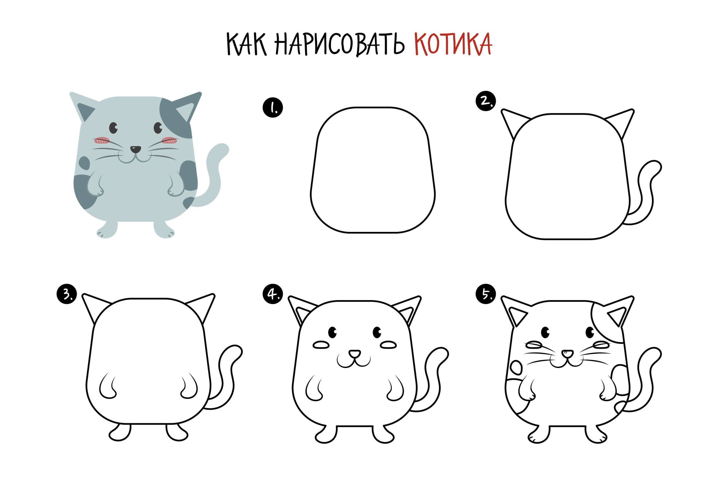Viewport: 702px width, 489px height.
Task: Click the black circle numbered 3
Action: (67, 294)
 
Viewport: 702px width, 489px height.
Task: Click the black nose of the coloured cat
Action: (135, 149)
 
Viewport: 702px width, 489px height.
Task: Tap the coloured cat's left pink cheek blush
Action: (102, 140)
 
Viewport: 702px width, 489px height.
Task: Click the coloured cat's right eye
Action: (158, 128)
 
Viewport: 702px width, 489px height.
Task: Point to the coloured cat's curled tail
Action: (214, 174)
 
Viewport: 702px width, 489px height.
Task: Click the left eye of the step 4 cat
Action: (332, 332)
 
